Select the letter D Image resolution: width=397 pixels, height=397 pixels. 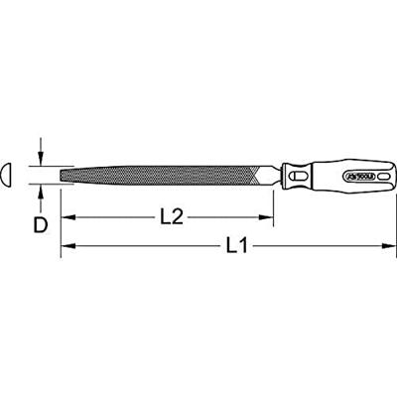[x=40, y=225]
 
